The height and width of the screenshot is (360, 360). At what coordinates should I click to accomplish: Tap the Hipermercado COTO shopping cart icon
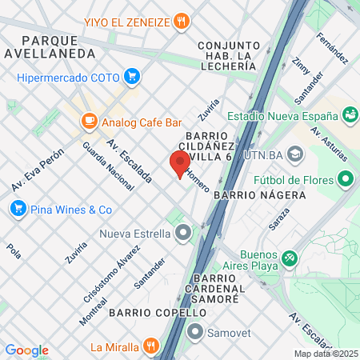132,77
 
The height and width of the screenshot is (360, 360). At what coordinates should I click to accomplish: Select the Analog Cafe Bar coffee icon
89,121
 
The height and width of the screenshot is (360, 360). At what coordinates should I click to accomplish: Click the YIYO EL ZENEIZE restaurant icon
183,21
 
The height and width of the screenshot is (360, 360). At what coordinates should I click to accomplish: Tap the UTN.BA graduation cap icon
295,153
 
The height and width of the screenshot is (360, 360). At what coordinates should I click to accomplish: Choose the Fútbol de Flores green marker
346,178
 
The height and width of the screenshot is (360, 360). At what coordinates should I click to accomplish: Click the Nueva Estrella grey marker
183,234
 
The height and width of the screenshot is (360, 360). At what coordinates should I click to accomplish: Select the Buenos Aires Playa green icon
290,258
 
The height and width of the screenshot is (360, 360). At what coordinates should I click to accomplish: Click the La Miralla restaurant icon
150,346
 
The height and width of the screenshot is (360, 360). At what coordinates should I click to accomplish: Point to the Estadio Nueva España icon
350,114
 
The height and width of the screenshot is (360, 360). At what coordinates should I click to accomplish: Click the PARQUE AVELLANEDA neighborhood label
59,46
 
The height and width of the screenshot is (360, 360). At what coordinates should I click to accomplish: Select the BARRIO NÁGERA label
261,194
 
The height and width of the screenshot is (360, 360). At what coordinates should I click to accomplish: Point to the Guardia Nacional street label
108,166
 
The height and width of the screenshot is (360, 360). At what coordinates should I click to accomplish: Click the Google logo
26,350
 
